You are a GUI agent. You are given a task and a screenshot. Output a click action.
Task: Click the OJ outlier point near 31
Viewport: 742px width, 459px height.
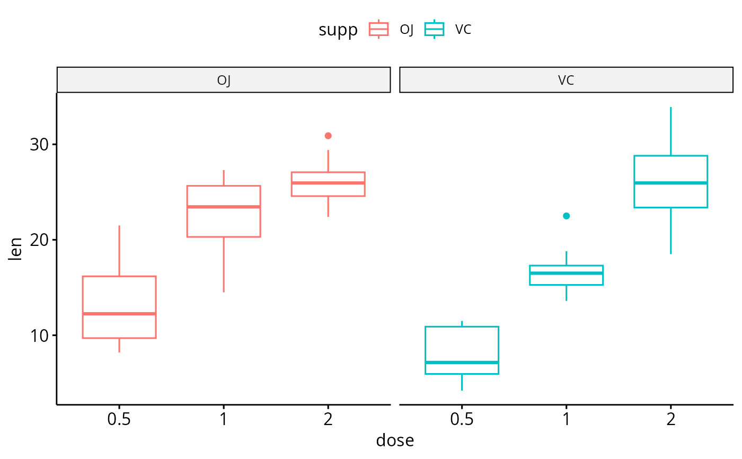pos(328,136)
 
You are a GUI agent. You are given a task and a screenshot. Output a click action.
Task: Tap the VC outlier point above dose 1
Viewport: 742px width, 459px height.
pos(566,216)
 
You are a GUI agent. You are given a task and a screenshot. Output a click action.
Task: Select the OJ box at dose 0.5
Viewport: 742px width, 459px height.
pos(119,297)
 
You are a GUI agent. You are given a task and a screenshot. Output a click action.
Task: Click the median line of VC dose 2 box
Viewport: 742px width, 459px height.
pos(670,183)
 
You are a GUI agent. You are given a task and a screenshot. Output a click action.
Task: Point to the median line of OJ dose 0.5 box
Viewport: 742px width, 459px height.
pos(119,314)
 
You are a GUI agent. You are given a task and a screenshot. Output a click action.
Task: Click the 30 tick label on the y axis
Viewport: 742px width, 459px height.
pos(40,144)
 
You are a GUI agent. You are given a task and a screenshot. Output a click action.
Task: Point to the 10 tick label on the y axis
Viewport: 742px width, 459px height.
pos(40,336)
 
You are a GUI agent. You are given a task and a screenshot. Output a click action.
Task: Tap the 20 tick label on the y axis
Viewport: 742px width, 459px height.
pos(40,240)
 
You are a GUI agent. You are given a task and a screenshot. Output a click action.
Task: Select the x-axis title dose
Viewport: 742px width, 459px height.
pos(395,440)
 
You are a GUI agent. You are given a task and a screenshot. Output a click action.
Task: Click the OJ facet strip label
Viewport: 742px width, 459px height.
pos(224,81)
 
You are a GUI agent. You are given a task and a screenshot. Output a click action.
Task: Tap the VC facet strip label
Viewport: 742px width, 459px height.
pos(566,81)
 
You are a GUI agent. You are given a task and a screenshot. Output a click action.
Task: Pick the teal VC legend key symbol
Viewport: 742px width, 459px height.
pos(435,29)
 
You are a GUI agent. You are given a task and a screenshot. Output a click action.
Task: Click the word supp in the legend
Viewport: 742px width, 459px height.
pos(338,30)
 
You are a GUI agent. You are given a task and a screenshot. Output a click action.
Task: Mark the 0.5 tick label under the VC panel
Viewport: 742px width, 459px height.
pos(462,419)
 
